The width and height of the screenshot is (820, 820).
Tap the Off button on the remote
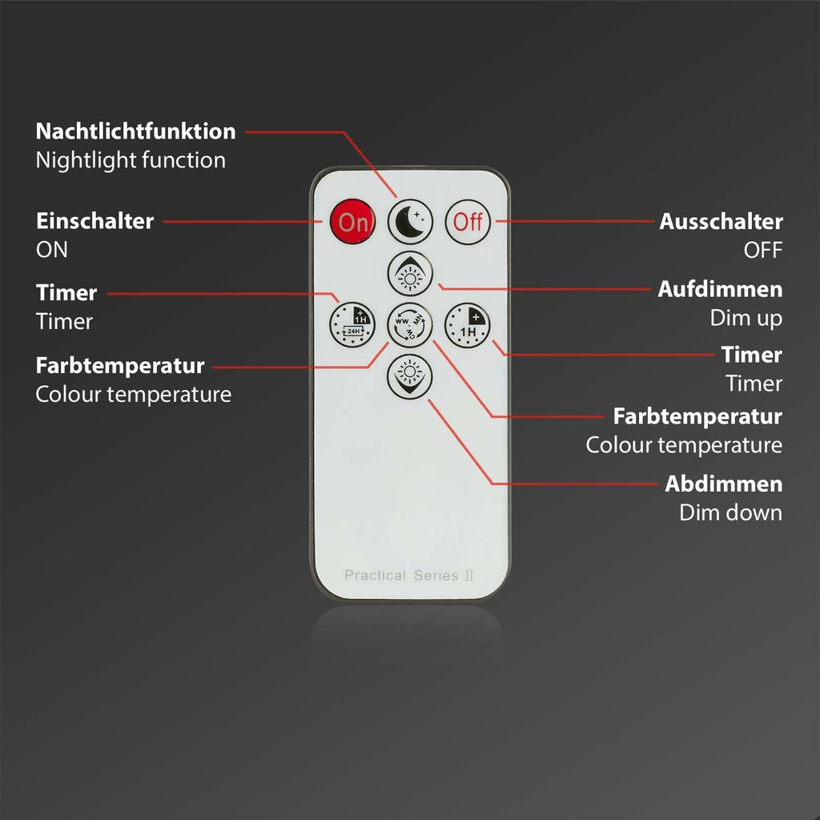(468, 222)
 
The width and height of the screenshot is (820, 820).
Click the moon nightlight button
(410, 221)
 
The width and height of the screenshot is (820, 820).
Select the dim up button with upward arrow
(410, 274)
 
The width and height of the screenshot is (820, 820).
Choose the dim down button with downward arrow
(410, 376)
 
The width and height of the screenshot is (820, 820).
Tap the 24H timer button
(352, 325)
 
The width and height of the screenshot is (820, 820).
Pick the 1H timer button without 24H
(468, 325)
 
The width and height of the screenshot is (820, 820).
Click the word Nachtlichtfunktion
(135, 131)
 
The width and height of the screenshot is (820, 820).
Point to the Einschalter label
(94, 221)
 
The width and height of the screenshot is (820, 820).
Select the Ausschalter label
(721, 221)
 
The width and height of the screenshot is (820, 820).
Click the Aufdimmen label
(720, 289)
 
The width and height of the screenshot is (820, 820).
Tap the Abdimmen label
(724, 484)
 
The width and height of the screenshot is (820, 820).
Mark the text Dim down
(730, 512)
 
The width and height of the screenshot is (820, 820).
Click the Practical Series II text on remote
(409, 575)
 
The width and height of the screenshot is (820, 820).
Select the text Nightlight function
(131, 160)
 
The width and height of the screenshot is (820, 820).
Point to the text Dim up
(746, 318)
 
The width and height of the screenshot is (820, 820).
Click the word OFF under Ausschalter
(763, 250)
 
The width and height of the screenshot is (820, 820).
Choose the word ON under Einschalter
(52, 250)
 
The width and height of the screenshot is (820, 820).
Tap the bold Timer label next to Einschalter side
(66, 293)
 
